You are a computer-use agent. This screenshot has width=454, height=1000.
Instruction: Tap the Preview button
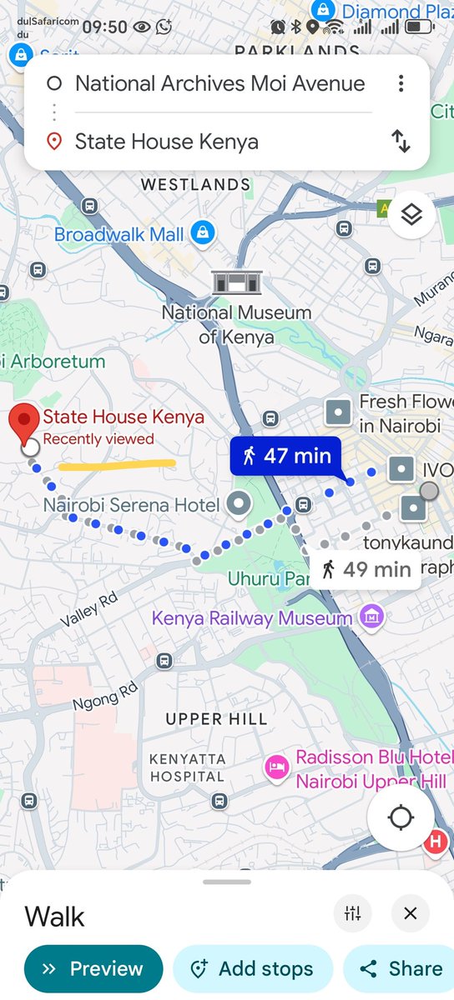click(x=93, y=969)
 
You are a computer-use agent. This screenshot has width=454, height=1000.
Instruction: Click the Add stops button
click(x=252, y=969)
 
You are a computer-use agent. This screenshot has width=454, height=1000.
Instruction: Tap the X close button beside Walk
click(x=409, y=913)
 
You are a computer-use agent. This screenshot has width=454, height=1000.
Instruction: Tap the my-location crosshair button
click(x=401, y=818)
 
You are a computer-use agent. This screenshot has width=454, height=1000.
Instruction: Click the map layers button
click(x=411, y=215)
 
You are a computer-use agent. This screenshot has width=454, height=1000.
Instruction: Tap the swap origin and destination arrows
click(x=401, y=141)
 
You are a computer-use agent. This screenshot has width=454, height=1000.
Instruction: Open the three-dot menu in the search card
click(x=401, y=83)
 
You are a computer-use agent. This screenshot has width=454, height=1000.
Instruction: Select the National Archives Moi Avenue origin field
click(x=219, y=83)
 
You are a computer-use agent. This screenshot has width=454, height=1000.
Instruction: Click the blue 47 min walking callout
click(x=286, y=456)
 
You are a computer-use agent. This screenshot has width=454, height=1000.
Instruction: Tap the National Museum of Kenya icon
click(x=237, y=283)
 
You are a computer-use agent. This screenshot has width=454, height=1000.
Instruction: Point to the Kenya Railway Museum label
click(x=263, y=618)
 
